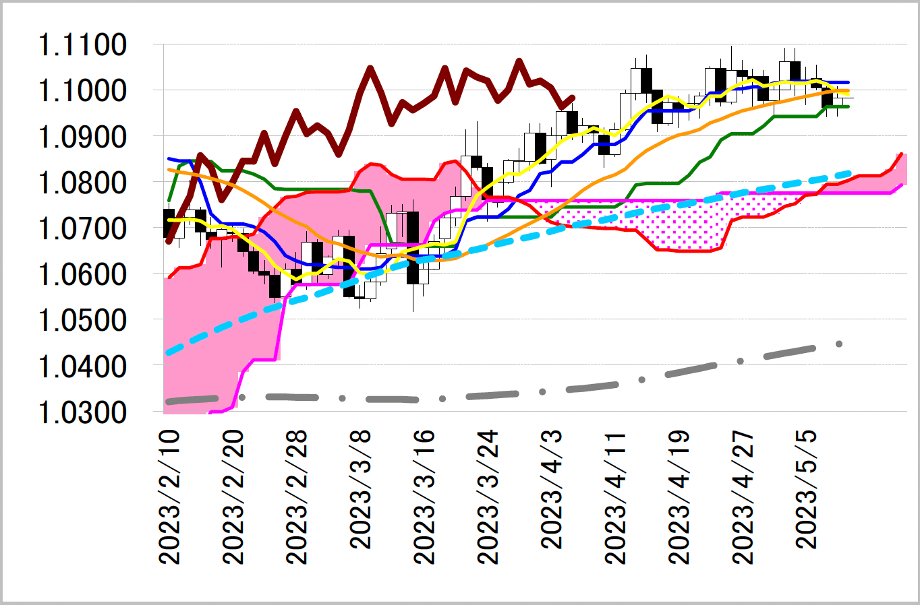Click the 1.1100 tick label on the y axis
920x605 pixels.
point(82,46)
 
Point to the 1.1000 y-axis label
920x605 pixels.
point(82,91)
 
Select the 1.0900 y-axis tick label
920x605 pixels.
point(82,137)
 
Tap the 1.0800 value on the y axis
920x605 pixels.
point(82,183)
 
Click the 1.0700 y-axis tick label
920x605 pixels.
point(82,229)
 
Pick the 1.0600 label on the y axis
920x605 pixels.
point(82,275)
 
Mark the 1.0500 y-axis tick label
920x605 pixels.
point(82,321)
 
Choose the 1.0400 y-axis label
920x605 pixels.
point(82,367)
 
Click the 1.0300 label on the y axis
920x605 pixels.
point(82,412)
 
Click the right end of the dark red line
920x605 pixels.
point(572,98)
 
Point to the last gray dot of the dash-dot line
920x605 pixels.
point(839,344)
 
